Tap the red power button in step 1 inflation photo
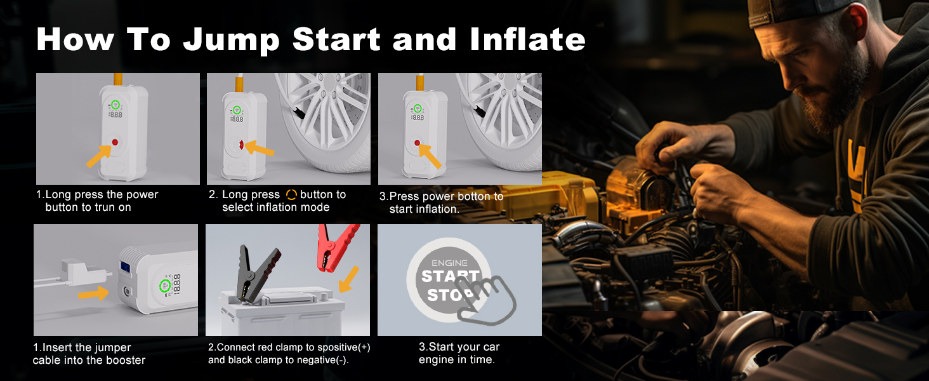coord(115,141)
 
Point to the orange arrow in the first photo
coord(99,154)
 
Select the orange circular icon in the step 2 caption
coord(291,195)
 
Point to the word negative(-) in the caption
coord(323,360)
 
